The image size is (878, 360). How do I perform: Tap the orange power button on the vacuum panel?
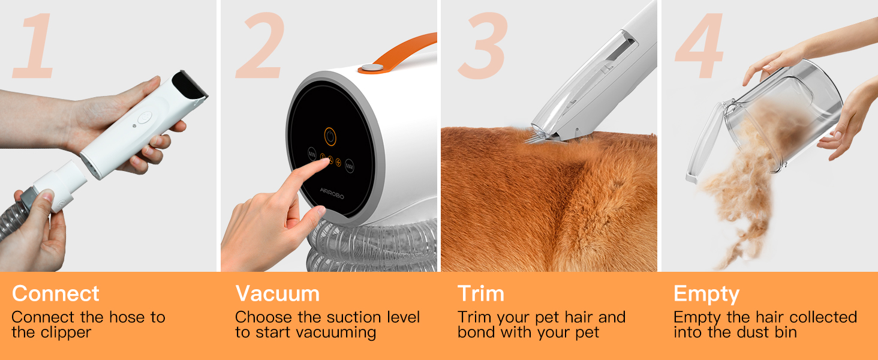(x=330, y=136)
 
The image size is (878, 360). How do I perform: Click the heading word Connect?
(x=55, y=294)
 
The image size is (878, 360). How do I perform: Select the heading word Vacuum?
(x=277, y=294)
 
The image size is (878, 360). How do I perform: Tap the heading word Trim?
(x=480, y=294)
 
